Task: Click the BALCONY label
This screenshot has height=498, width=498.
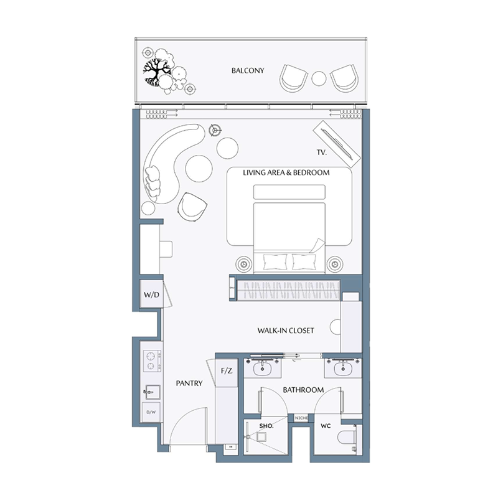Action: [x=248, y=71]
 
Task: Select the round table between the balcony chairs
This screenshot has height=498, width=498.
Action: [x=319, y=78]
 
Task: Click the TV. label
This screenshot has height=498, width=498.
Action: [x=322, y=153]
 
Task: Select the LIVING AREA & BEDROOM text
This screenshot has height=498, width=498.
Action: [x=286, y=172]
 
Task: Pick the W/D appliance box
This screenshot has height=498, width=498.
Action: [x=151, y=294]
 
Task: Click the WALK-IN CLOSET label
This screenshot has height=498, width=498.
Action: [x=286, y=331]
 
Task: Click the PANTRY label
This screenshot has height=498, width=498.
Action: [x=189, y=383]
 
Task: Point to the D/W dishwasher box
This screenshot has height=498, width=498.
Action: [x=151, y=412]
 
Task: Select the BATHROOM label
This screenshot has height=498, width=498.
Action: [x=303, y=390]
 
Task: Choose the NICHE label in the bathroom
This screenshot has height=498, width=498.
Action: [x=302, y=418]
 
